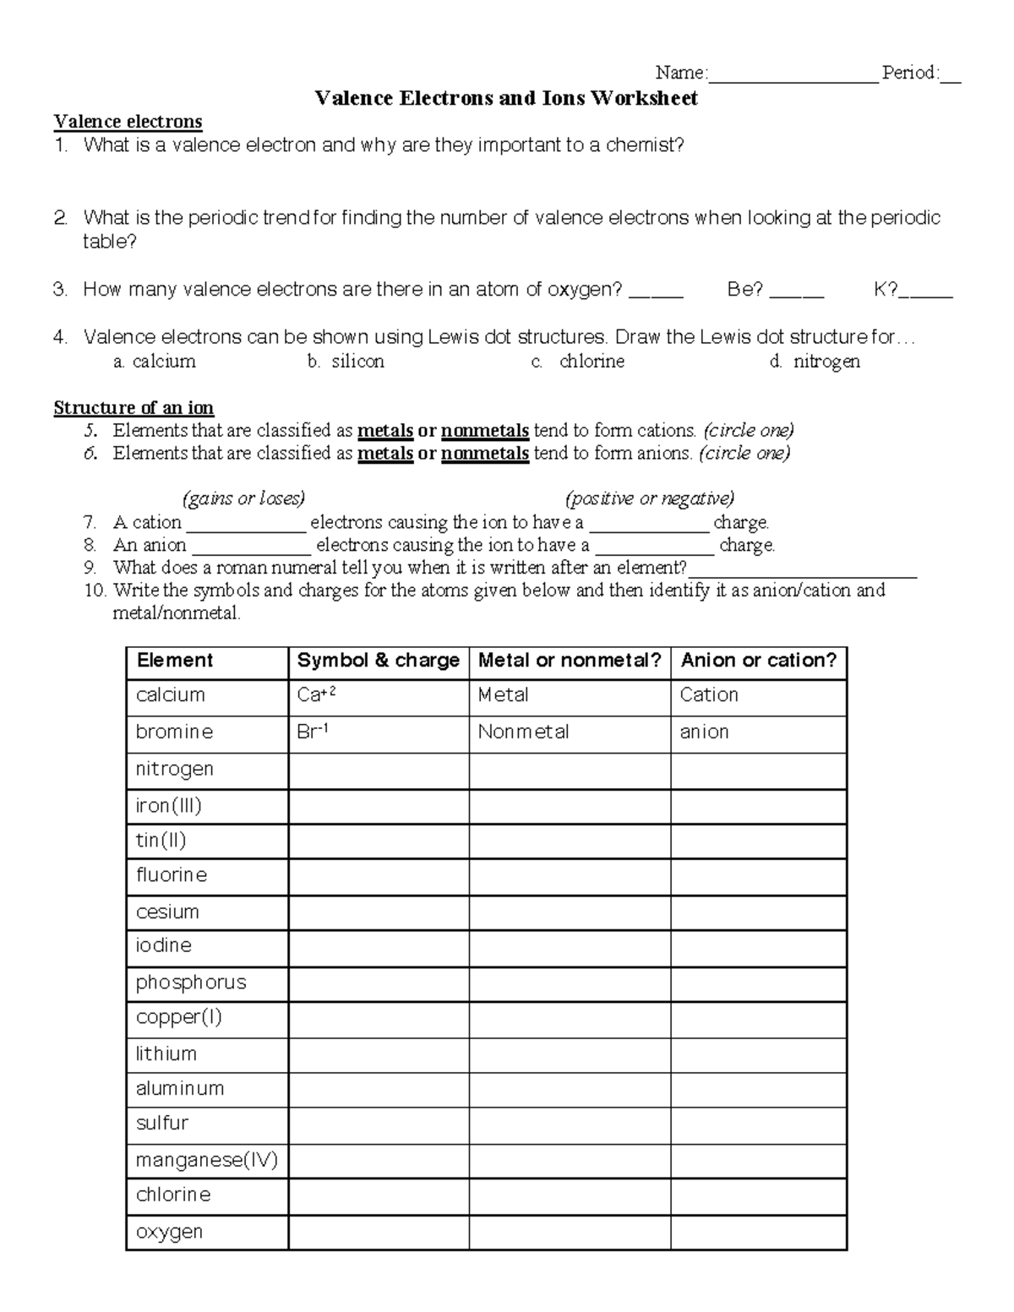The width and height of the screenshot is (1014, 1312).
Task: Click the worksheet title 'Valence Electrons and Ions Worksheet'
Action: [x=506, y=98]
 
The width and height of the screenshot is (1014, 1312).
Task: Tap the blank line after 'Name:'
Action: [x=793, y=74]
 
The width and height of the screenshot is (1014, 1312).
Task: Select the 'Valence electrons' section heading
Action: [x=128, y=122]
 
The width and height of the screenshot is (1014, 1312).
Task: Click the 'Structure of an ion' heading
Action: [x=134, y=408]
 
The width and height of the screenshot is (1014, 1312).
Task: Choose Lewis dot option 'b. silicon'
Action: [x=346, y=362]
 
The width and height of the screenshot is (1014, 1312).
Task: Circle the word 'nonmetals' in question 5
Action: [x=485, y=431]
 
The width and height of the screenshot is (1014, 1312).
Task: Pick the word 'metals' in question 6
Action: [x=385, y=454]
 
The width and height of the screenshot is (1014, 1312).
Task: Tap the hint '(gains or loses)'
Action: [x=243, y=498]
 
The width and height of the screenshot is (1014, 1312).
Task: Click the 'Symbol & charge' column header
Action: [x=378, y=661]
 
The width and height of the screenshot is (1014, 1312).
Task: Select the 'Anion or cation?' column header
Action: [x=758, y=661]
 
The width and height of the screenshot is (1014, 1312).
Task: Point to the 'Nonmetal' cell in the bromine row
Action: [x=523, y=732]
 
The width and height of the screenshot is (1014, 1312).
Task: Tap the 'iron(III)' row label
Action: [x=169, y=806]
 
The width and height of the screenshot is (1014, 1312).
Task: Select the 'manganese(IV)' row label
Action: [x=206, y=1160]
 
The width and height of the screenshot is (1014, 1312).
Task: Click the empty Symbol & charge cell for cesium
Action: [x=378, y=912]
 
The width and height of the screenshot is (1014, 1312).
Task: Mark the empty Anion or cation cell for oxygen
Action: [x=758, y=1232]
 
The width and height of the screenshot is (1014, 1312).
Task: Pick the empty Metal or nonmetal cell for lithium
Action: [x=570, y=1054]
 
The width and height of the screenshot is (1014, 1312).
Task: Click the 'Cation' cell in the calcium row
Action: [x=709, y=695]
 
